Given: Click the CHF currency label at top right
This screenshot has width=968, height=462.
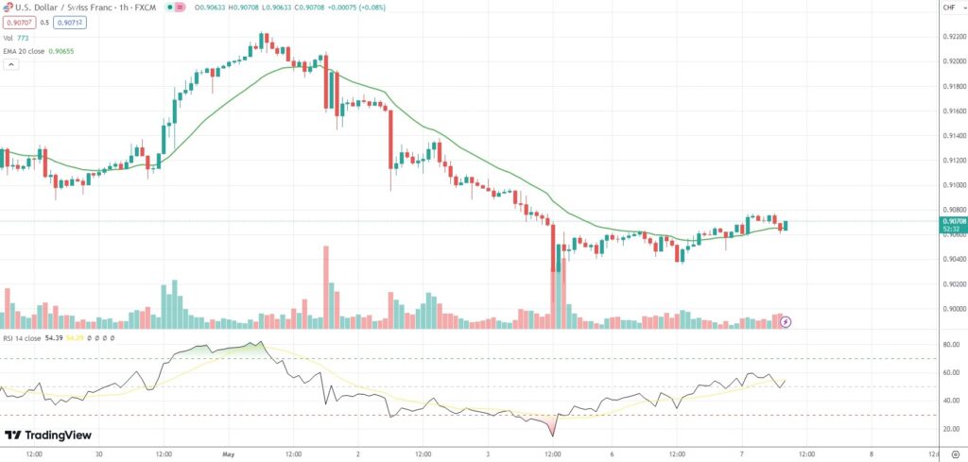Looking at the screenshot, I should point(948,8).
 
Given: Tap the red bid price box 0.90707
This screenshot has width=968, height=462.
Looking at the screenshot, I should point(17,23).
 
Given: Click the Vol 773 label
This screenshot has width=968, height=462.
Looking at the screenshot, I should point(17,37).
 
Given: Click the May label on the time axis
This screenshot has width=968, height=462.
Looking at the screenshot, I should point(228,453).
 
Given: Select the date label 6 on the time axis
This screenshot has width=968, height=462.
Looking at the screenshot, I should point(613,453).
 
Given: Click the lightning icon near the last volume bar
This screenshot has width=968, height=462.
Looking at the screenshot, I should point(786,321).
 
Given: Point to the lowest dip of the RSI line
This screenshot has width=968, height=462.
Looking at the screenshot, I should point(551,436).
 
